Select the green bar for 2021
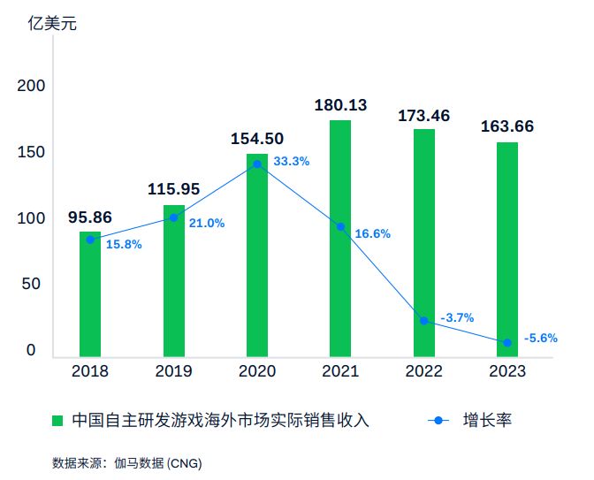point(340,239)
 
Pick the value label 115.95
point(173,189)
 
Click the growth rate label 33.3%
point(292,162)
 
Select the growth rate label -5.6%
point(541,338)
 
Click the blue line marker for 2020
point(257,164)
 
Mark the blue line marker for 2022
point(424,321)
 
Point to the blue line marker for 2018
point(90,240)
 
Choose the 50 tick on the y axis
point(31,285)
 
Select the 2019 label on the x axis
point(173,371)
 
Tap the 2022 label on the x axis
point(424,371)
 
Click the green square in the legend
point(57,420)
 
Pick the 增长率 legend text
point(487,420)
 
